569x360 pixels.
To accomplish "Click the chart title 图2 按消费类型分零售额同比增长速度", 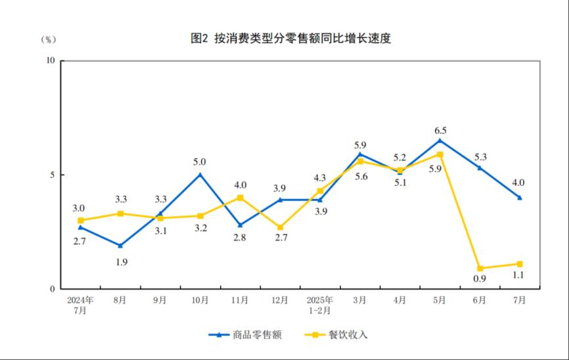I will tap(290, 39).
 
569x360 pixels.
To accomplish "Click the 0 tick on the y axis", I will tap(53, 289).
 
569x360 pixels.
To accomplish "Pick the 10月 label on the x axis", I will tap(200, 300).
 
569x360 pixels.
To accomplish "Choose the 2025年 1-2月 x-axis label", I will tap(320, 305).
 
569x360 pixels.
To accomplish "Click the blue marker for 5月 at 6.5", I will tap(440, 140).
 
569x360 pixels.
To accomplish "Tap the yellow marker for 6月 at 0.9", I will tap(480, 268).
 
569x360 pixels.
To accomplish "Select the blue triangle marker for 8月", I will tap(120, 246).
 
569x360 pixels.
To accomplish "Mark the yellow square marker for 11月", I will tap(240, 197).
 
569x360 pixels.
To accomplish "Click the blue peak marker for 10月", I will tap(200, 174).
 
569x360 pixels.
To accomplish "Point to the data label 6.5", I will tap(440, 130).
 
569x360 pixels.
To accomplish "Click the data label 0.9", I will tap(479, 280).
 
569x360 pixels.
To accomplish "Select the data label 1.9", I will tap(121, 262).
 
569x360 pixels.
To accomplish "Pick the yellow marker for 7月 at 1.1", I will tap(519, 264).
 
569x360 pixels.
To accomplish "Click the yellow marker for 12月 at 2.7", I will tap(280, 227).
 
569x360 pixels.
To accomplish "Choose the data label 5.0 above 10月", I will tap(200, 162).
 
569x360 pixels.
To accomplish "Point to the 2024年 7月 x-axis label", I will tap(80, 305).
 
